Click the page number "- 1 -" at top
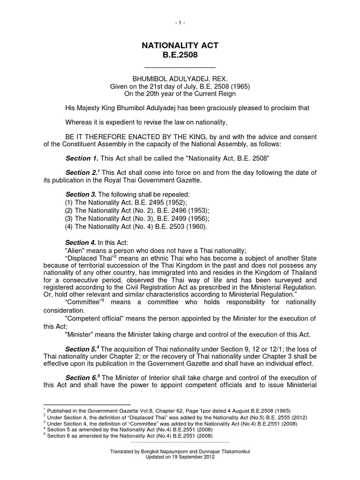point(180,22)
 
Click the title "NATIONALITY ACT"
point(180,45)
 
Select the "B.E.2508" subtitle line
point(180,55)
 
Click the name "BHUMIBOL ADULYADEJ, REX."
point(180,79)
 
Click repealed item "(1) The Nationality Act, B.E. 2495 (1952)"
point(126,202)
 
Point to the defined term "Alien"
point(75,250)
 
